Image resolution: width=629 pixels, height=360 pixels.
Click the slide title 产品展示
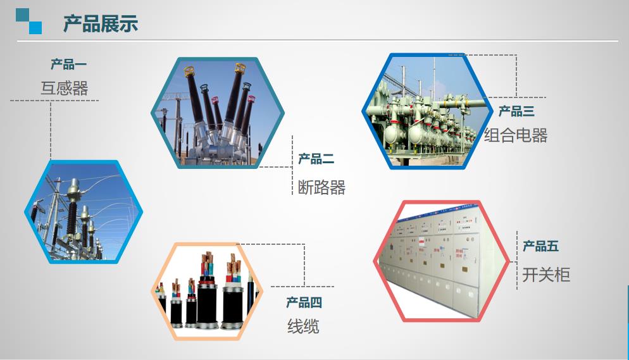click(100, 23)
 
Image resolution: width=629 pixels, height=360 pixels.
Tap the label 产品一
click(68, 64)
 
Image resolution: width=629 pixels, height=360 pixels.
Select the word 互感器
click(64, 88)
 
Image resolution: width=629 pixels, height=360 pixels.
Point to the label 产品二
click(316, 159)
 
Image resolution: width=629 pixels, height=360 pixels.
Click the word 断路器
click(321, 187)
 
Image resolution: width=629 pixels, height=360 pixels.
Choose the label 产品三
click(516, 111)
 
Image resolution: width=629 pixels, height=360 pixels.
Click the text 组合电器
click(516, 135)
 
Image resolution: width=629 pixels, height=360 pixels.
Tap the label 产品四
click(304, 302)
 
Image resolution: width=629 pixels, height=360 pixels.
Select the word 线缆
click(303, 326)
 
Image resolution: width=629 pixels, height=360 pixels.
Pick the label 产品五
click(541, 246)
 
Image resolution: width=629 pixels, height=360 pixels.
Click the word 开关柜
click(546, 275)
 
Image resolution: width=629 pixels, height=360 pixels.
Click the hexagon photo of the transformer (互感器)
click(84, 212)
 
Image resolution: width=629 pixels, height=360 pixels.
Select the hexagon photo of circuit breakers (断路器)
click(218, 113)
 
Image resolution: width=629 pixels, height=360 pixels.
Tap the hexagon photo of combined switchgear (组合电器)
click(427, 111)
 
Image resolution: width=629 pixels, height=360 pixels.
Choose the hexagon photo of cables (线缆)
click(207, 292)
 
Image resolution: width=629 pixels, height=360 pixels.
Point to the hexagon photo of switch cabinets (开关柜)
click(441, 261)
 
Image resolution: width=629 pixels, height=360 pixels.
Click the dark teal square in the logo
click(23, 15)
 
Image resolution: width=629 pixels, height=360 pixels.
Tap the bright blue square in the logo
click(35, 28)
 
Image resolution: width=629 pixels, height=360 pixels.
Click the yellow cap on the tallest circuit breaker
click(240, 68)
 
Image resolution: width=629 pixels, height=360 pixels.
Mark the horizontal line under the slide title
click(317, 40)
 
